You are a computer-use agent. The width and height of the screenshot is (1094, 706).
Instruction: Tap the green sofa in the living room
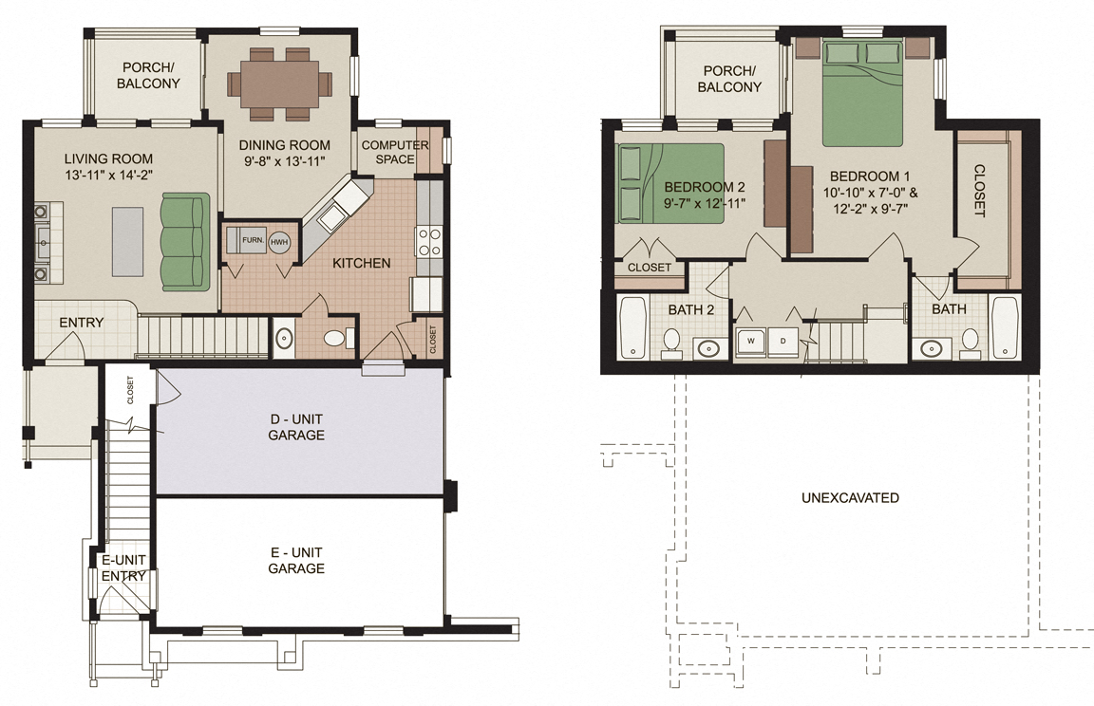coord(184,241)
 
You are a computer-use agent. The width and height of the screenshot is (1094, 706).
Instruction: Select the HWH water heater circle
coord(279,241)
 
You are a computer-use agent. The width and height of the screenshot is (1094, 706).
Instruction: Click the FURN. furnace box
coord(252,240)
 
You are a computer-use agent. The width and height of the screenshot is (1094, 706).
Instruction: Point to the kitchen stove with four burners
coord(428,241)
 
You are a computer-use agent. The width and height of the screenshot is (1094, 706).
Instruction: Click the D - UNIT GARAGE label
coord(297,427)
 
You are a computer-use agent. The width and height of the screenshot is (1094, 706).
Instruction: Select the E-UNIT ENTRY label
coord(123,567)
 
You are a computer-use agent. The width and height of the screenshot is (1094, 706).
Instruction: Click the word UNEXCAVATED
coord(850,497)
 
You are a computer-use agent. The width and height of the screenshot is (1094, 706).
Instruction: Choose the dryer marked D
coord(784,340)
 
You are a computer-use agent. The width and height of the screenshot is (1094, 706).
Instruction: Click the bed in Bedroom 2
coord(670,183)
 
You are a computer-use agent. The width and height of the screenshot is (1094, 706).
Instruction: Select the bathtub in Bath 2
coord(632,327)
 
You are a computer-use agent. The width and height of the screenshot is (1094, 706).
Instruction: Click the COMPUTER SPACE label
coord(395,152)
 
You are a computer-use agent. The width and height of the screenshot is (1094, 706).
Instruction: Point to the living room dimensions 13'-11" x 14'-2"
coord(108,175)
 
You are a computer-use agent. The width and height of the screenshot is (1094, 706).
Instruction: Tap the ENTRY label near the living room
coord(81,323)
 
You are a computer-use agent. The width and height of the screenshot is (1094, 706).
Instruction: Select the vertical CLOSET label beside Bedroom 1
coord(979,191)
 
